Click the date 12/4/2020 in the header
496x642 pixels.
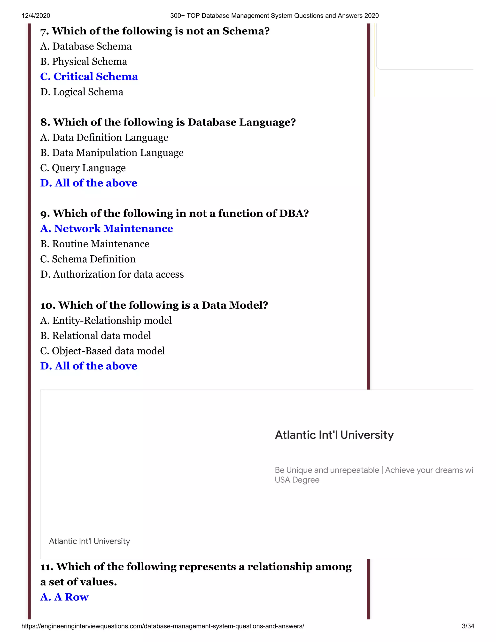[x=36, y=16]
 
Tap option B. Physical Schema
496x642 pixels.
[x=84, y=62]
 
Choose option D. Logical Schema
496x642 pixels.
[x=82, y=92]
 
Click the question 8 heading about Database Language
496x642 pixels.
[x=168, y=122]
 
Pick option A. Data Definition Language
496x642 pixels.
[x=104, y=138]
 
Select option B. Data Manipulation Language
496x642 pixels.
[x=112, y=153]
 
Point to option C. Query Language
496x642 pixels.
[x=83, y=168]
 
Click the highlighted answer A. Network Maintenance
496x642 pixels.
[x=107, y=228]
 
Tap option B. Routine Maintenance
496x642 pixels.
[x=95, y=244]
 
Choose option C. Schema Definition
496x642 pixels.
[x=88, y=259]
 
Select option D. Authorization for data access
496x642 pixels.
[x=112, y=274]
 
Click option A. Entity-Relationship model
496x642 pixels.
[x=106, y=321]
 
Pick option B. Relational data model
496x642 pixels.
[x=95, y=336]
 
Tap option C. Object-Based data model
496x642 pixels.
[x=102, y=351]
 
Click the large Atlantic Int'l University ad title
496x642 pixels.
[x=334, y=435]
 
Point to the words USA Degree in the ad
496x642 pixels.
[x=297, y=480]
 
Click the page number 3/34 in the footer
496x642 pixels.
[x=468, y=626]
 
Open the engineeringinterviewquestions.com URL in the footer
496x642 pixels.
[x=163, y=626]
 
